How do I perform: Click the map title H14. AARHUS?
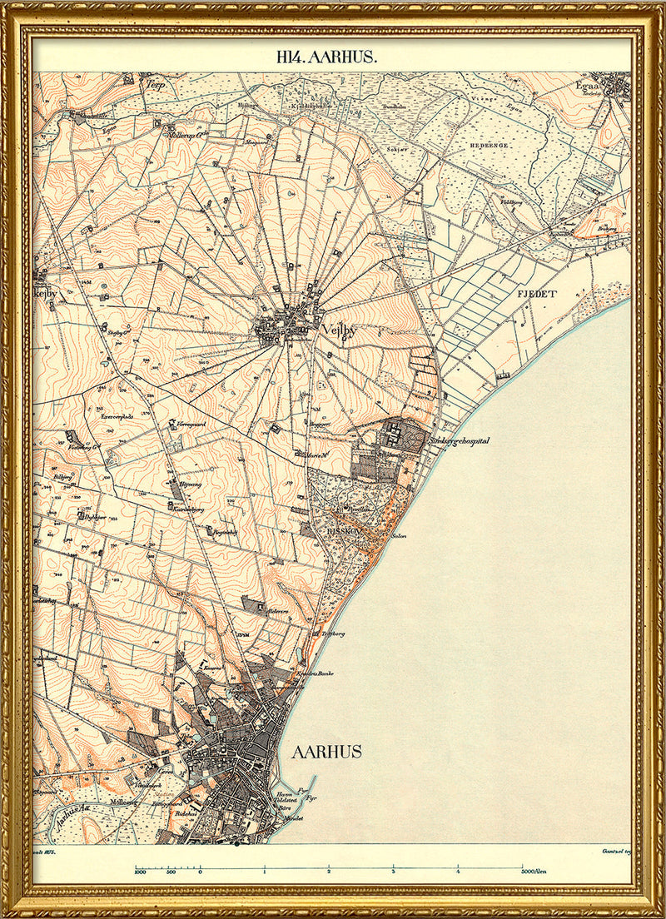pyautogui.click(x=327, y=57)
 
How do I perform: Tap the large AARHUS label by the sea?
pyautogui.click(x=326, y=752)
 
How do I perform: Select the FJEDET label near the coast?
pyautogui.click(x=535, y=295)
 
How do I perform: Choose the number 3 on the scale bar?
pyautogui.click(x=393, y=872)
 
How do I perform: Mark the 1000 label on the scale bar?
pyautogui.click(x=141, y=872)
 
